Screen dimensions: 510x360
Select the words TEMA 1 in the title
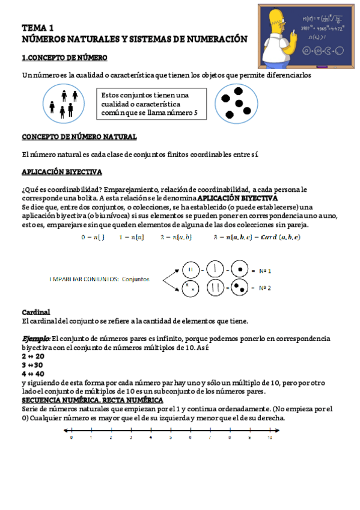38,28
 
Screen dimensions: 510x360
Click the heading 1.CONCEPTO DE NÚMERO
64,58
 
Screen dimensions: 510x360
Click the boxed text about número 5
153,105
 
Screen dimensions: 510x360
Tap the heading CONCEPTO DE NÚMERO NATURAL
79,137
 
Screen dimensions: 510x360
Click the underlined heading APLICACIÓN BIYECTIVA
62,172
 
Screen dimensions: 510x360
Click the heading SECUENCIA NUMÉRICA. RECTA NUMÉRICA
92,400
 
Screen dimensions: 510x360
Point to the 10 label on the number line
269,438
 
